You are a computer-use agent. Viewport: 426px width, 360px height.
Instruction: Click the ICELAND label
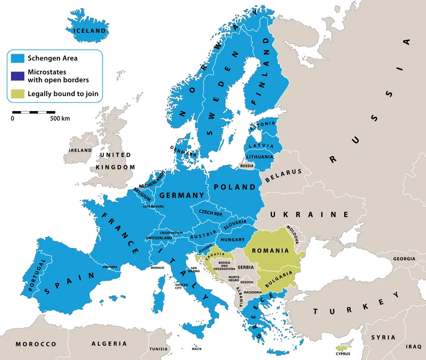[89, 31]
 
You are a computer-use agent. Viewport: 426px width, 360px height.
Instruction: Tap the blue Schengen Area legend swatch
[17, 58]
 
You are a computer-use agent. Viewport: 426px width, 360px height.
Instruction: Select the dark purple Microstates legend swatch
[17, 76]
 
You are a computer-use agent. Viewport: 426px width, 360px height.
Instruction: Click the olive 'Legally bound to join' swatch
[17, 94]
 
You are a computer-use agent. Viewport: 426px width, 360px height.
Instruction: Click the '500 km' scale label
[60, 119]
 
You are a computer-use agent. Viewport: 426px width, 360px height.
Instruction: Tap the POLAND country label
[235, 187]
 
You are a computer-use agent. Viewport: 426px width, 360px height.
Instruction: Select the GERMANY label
[181, 195]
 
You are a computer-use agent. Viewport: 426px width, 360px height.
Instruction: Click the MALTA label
[196, 349]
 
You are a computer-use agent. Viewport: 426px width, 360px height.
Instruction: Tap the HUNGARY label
[233, 240]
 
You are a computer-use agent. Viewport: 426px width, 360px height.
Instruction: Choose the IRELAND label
[81, 150]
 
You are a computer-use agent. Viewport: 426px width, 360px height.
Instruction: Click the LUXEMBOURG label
[153, 206]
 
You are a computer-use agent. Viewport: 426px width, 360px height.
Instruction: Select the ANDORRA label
[109, 267]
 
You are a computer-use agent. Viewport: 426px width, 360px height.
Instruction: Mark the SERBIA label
[246, 267]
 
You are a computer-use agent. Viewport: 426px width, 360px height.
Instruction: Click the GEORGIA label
[404, 259]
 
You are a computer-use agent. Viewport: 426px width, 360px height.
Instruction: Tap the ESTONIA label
[259, 127]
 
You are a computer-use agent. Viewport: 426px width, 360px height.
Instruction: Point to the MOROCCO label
[36, 344]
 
